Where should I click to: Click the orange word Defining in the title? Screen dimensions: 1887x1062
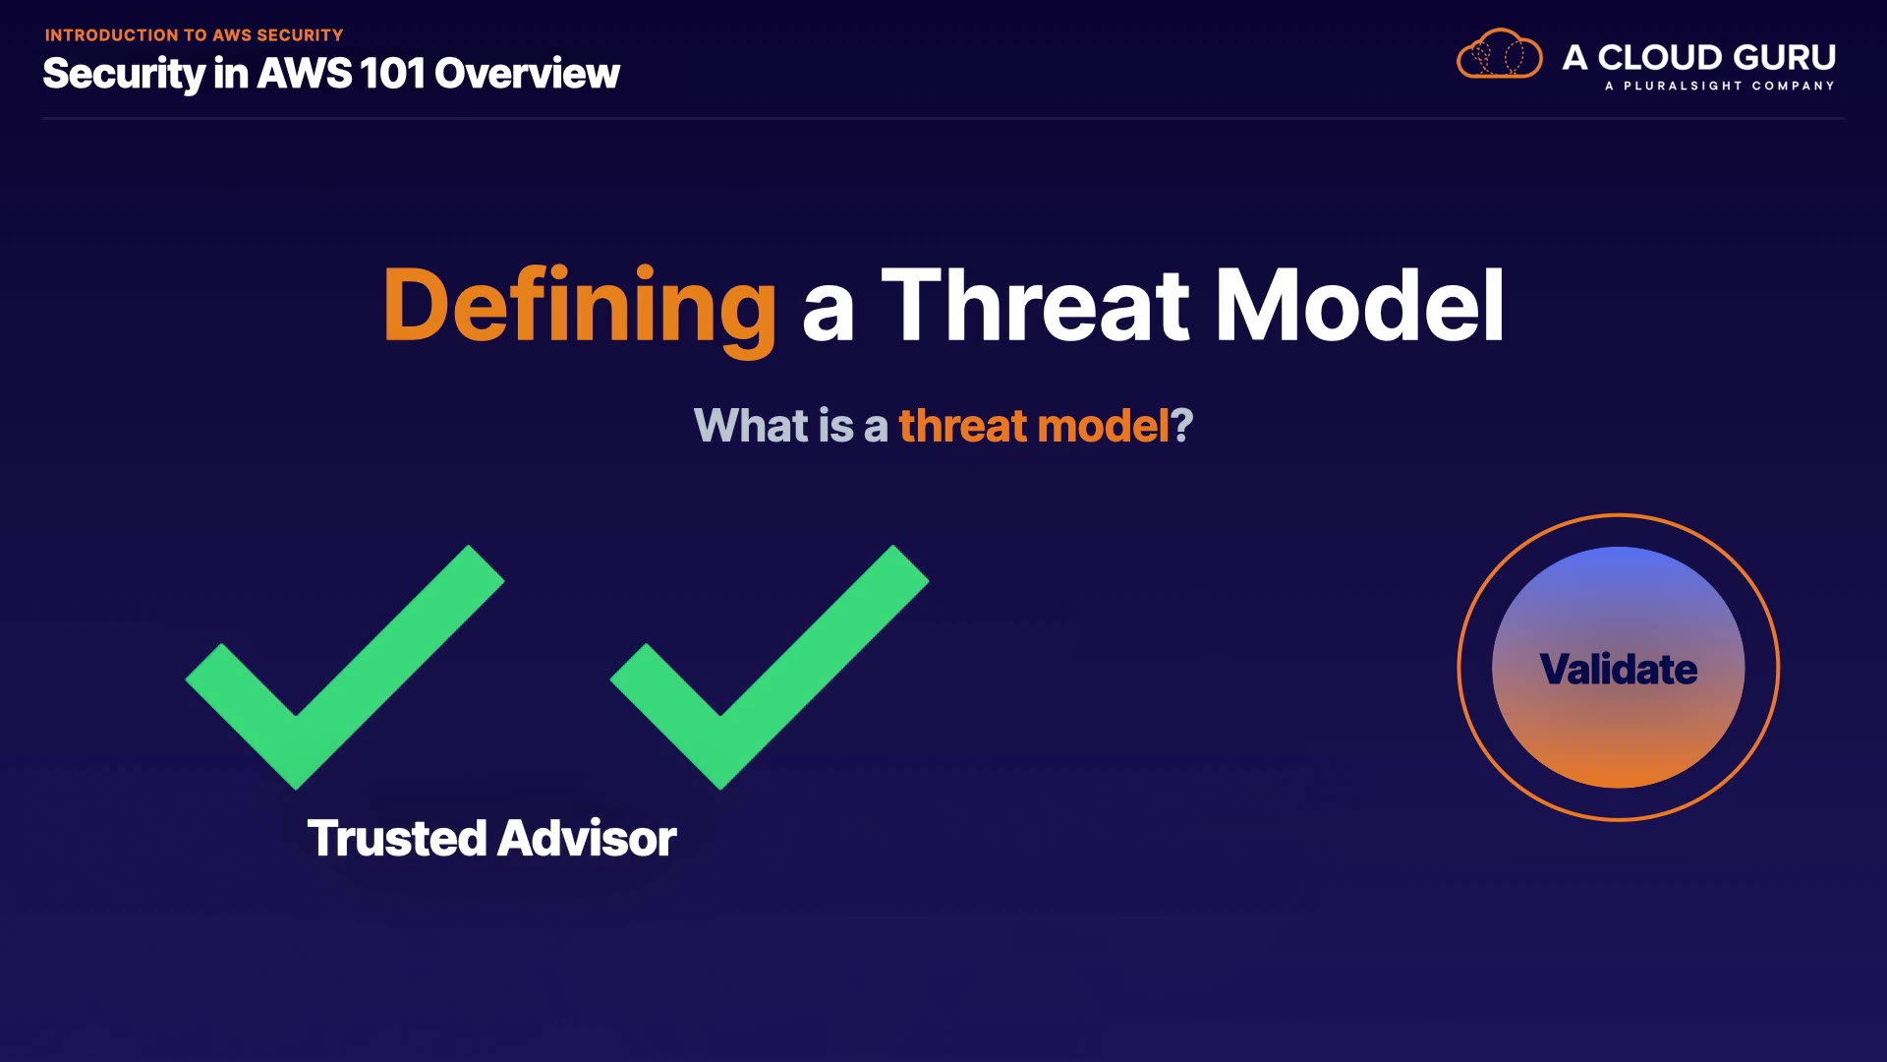[580, 307]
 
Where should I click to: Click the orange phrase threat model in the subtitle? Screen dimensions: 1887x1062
[1034, 426]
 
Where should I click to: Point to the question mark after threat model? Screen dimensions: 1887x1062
[1181, 426]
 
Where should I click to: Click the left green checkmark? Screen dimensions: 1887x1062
[345, 667]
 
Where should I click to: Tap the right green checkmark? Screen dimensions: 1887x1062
[770, 667]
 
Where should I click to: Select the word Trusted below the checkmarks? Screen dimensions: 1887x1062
[397, 839]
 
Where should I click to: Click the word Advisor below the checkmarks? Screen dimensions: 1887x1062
[587, 839]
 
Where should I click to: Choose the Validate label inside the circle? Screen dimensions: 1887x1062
[1619, 670]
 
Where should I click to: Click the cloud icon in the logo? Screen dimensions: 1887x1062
[1500, 54]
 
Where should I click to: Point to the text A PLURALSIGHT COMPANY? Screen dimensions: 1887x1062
[1720, 87]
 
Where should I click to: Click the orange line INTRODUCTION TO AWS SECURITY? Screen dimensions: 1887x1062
[194, 35]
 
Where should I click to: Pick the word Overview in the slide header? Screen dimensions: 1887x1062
[527, 74]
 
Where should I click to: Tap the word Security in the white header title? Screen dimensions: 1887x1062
[124, 75]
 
